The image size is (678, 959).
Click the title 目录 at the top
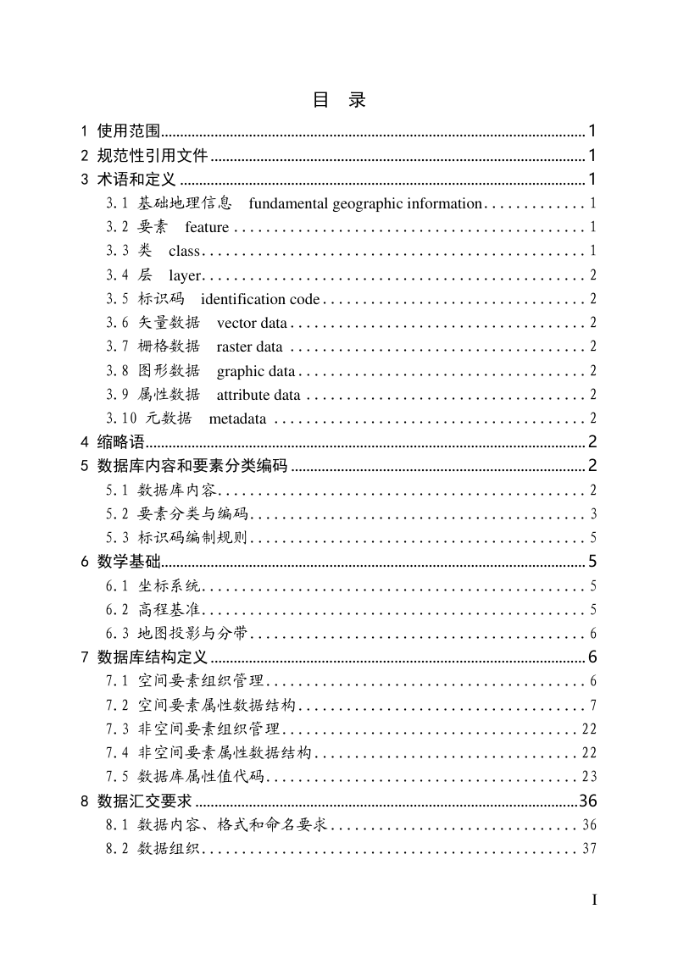tap(339, 100)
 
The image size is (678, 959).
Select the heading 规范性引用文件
tap(153, 155)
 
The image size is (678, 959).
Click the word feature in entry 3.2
tap(207, 227)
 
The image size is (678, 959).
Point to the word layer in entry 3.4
tap(185, 274)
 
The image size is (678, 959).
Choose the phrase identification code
tap(260, 299)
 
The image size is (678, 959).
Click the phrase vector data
tap(252, 323)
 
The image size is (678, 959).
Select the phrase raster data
tap(249, 346)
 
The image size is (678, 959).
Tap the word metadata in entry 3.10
tap(237, 419)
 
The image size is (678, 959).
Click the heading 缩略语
tap(121, 442)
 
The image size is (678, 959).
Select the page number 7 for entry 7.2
tap(594, 705)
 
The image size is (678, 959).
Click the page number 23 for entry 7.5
tap(590, 777)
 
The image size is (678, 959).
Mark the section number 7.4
tap(117, 752)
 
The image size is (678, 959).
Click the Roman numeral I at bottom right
tap(594, 900)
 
